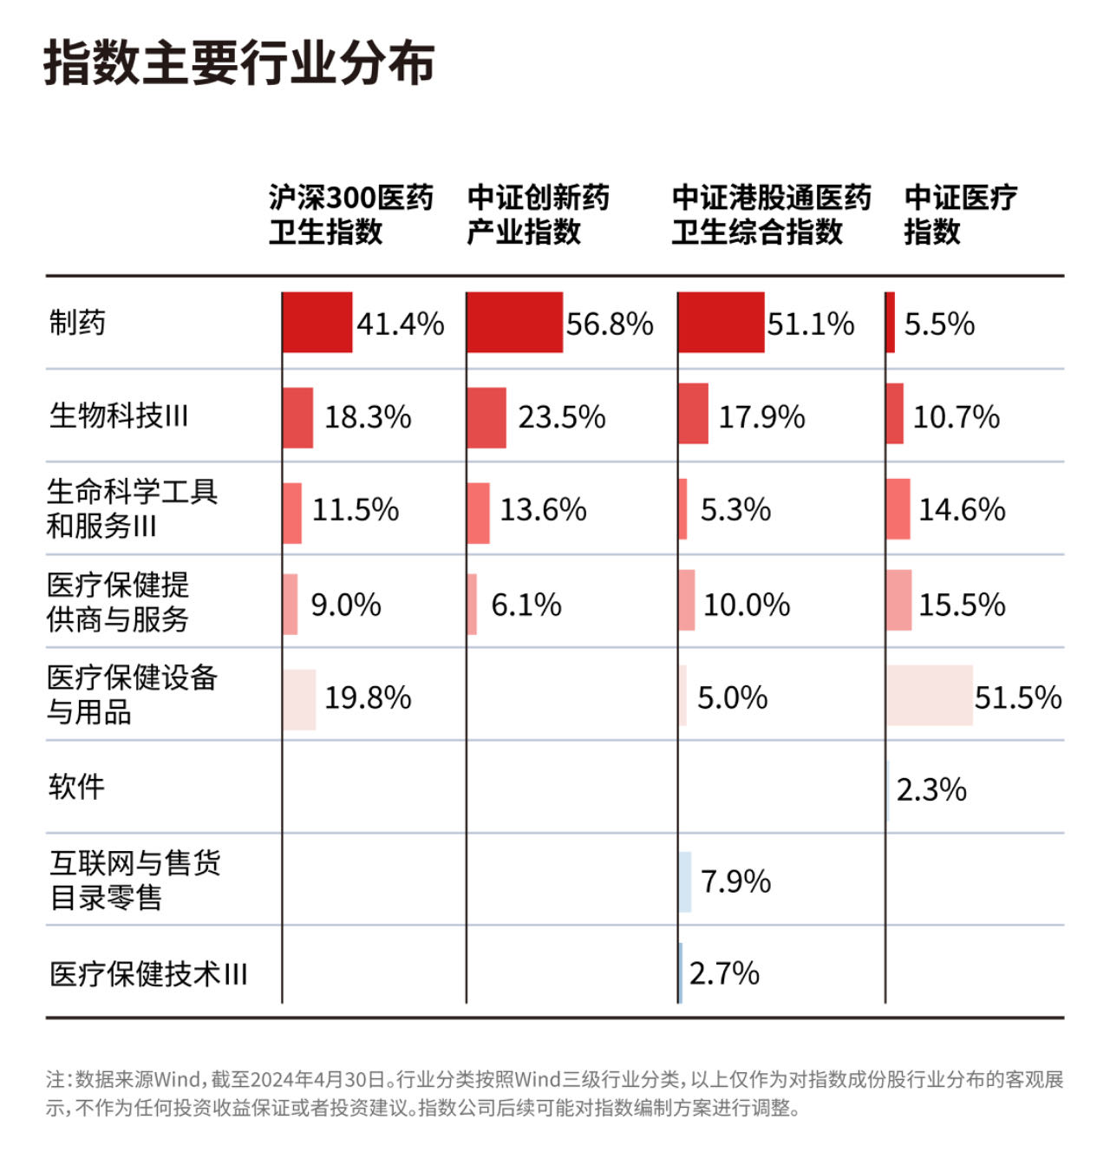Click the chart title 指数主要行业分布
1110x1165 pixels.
pos(239,62)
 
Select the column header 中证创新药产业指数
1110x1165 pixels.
pos(539,214)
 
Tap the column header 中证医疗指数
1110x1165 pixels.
pos(961,214)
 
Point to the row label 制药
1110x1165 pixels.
pos(77,323)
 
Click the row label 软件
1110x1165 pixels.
pos(76,787)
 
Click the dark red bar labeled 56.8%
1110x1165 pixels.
pos(514,323)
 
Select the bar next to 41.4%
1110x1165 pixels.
pos(317,323)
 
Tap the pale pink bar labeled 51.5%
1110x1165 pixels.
pos(930,695)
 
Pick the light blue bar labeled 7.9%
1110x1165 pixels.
pos(685,881)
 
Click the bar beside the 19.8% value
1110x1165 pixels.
pos(299,700)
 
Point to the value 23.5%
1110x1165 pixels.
pos(562,417)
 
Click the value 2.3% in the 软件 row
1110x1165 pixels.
pos(931,790)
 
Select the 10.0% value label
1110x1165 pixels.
pos(747,605)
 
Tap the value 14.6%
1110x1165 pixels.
pos(962,509)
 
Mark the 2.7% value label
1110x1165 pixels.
pos(724,973)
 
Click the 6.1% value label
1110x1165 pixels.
pos(526,605)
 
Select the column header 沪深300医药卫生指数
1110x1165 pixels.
pos(351,214)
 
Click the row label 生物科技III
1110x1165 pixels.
pos(119,415)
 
